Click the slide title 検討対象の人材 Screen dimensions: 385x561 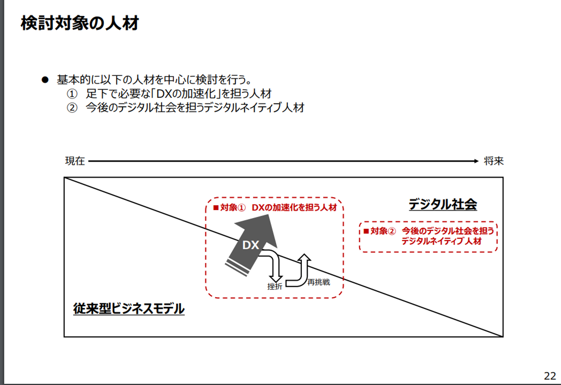click(x=80, y=23)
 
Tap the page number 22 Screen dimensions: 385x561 click(x=550, y=376)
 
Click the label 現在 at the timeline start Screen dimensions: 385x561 click(x=75, y=161)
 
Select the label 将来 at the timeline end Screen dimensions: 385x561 click(x=494, y=161)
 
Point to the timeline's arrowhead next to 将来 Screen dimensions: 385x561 click(x=476, y=161)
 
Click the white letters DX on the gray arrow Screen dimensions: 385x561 click(x=251, y=245)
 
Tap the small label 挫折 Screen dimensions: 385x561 click(x=275, y=287)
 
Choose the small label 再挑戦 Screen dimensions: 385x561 click(x=319, y=282)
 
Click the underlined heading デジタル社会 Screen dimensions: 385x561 click(x=443, y=204)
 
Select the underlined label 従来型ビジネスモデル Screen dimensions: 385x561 click(x=129, y=308)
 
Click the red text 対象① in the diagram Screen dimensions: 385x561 click(x=233, y=207)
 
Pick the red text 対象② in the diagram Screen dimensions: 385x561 click(x=383, y=231)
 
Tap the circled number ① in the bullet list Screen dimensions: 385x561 click(x=72, y=94)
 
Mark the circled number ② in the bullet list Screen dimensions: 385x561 click(x=72, y=107)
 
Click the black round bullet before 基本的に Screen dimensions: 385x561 click(x=45, y=80)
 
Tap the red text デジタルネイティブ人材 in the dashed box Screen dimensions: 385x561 click(x=441, y=241)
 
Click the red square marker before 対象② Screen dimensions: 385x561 click(x=366, y=231)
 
